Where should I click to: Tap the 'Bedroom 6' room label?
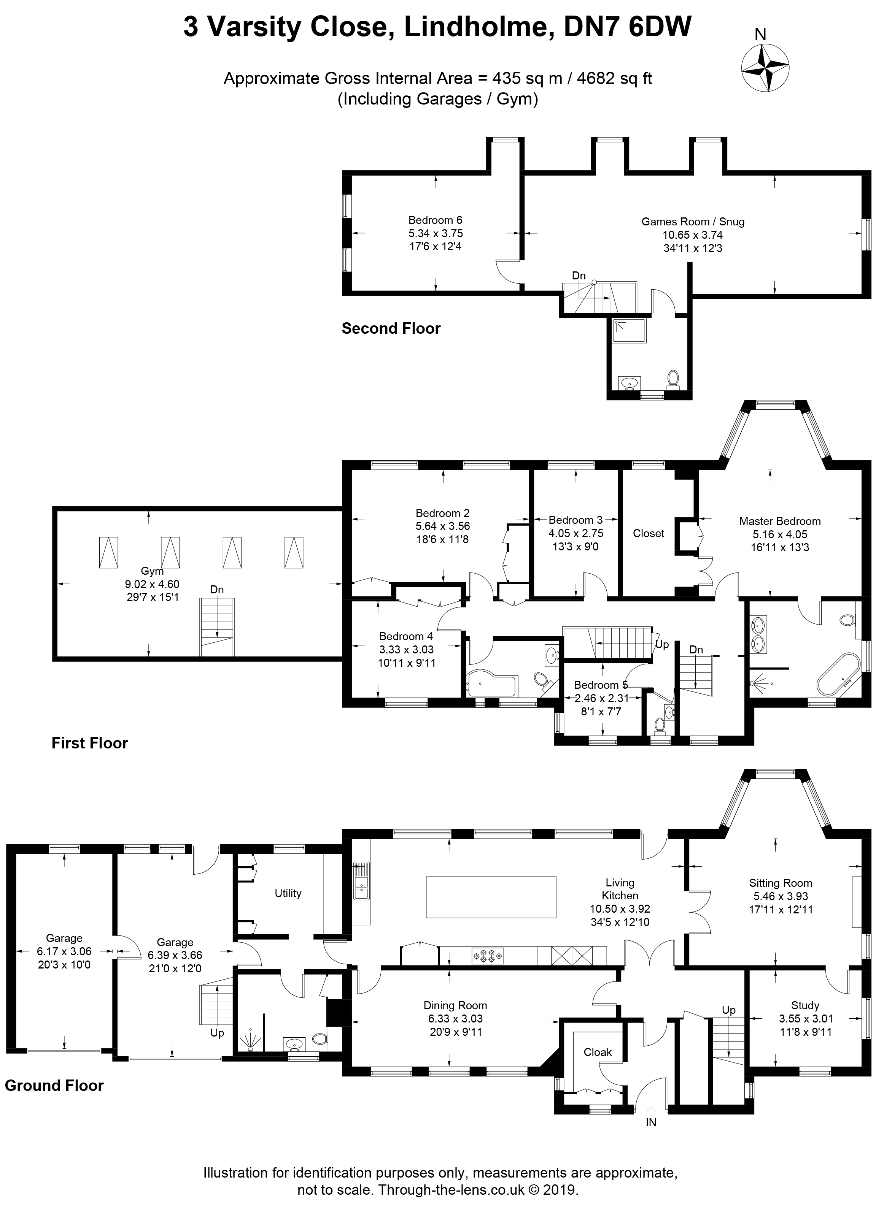point(435,220)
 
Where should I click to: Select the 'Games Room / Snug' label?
point(693,222)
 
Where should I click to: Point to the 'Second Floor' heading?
point(391,328)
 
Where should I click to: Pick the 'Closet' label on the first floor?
point(649,533)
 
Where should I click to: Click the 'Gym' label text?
point(152,571)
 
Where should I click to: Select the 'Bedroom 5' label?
point(601,685)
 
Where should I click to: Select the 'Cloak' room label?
point(598,1052)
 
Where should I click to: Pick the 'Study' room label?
point(805,1005)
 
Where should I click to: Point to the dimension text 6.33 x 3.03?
point(455,1019)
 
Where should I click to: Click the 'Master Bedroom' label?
point(780,521)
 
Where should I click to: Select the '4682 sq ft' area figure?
point(614,78)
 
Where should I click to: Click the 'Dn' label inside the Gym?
point(217,590)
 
